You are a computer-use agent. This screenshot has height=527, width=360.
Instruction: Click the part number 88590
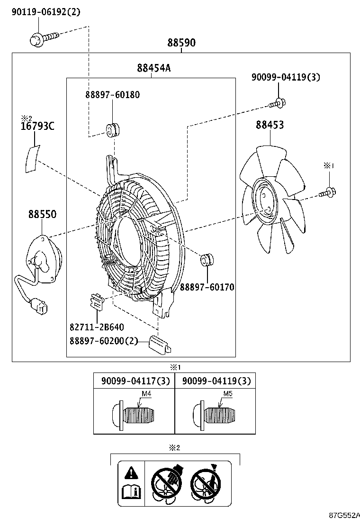pos(181,43)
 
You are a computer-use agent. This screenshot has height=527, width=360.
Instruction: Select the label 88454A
pos(154,68)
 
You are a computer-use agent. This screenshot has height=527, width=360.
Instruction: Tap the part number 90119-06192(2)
pos(46,12)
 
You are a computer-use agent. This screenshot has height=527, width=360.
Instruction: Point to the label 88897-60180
pos(113,95)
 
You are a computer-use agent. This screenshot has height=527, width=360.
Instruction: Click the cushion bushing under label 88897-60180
pos(113,129)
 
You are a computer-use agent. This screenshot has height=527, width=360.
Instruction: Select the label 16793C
pos(37,126)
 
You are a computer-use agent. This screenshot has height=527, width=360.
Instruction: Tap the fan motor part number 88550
pos(42,214)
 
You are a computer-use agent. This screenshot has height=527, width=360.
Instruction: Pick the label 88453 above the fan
pos(270,125)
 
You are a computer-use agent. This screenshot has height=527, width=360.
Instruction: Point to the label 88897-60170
pos(207,287)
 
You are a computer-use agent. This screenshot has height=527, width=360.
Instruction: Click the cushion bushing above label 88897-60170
pos(207,260)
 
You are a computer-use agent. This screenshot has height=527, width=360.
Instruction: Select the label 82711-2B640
pos(97,327)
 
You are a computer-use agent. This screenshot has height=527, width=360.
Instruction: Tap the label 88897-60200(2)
pos(104,341)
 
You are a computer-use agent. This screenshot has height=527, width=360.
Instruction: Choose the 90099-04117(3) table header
pos(135,381)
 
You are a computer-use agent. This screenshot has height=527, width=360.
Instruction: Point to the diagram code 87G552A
pos(345,515)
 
